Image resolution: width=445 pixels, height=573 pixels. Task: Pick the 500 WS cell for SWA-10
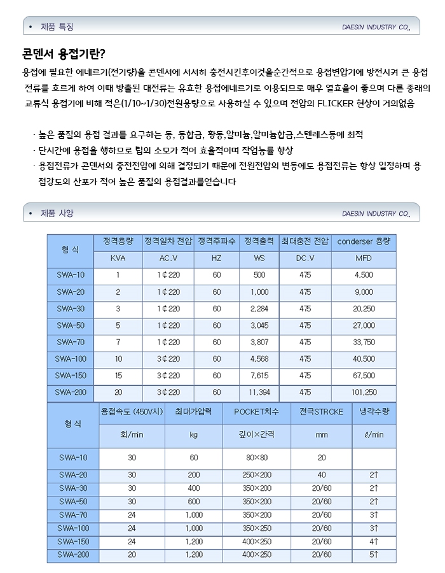tap(259, 275)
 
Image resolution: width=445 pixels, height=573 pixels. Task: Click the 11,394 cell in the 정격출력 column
tap(259, 392)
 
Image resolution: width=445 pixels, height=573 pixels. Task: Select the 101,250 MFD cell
tap(364, 392)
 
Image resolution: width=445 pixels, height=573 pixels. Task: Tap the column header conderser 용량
tap(364, 242)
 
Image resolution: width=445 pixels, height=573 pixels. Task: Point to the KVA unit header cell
tap(118, 258)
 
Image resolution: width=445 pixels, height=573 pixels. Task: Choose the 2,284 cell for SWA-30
tap(259, 308)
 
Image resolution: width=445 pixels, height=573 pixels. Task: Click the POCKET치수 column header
tap(257, 412)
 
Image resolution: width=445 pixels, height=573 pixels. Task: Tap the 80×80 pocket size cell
tap(257, 458)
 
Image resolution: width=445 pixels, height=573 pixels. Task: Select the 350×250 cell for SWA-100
tap(257, 528)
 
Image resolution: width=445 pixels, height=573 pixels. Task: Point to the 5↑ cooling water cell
tap(374, 555)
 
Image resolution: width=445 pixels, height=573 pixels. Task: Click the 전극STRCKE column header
tap(321, 412)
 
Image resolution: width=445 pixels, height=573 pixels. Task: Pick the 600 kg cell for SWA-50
tap(193, 501)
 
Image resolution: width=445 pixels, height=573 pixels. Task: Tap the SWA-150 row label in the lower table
tap(72, 541)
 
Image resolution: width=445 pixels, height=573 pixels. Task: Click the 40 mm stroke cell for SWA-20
tap(321, 475)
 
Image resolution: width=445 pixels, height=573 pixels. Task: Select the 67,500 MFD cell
tap(364, 376)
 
